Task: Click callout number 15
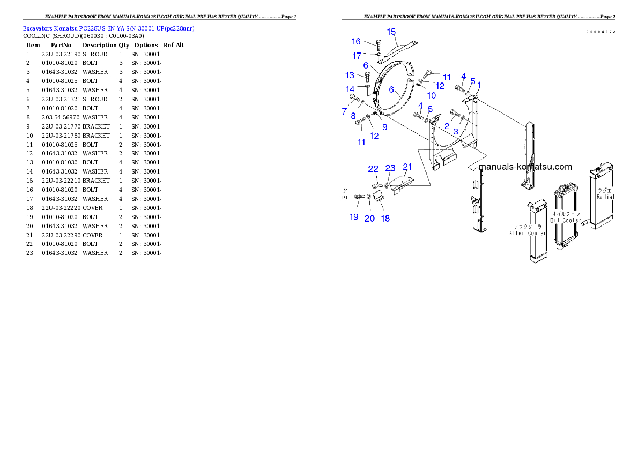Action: coord(391,32)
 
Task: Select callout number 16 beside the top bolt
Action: coord(356,42)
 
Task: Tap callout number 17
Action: coord(357,56)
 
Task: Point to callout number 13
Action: coord(350,76)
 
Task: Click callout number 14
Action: coord(350,89)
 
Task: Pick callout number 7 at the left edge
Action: coord(345,111)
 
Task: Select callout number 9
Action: coord(384,127)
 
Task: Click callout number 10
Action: coord(432,96)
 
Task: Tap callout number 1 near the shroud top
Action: coord(479,85)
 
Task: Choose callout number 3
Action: coord(455,131)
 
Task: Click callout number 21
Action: coord(407,167)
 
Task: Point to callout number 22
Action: coord(373,169)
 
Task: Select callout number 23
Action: coord(390,169)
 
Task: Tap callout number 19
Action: coord(354,217)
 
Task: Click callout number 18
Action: coord(385,218)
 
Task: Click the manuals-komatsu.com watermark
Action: coord(525,167)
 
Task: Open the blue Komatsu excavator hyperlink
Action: coord(108,28)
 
